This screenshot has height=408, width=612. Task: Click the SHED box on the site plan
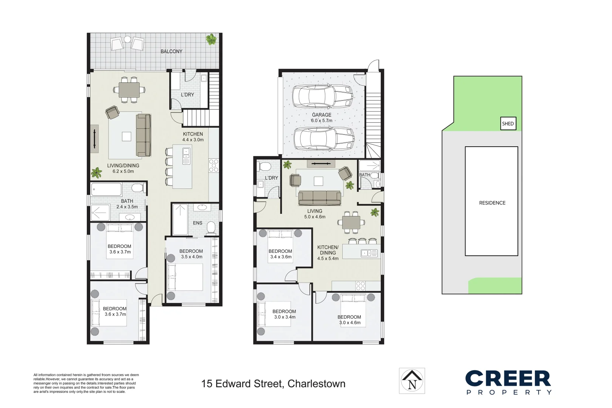click(x=508, y=124)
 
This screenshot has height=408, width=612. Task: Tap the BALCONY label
click(x=171, y=51)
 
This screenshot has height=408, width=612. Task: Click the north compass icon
click(x=412, y=381)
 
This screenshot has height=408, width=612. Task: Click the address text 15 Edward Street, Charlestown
click(x=273, y=384)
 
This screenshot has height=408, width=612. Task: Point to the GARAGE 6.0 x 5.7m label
click(x=321, y=117)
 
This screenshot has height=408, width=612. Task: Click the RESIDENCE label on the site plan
click(x=492, y=203)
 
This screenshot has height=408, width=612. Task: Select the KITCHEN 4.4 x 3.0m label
click(x=193, y=137)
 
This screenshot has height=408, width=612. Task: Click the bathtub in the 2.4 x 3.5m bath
click(x=106, y=189)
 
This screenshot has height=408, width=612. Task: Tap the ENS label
click(x=198, y=223)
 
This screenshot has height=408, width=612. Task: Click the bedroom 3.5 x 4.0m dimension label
click(x=192, y=257)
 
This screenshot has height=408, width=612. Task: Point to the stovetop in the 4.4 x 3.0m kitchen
click(x=213, y=165)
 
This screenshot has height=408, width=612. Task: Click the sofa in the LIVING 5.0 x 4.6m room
click(x=320, y=198)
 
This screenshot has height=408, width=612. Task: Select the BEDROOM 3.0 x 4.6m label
click(x=349, y=320)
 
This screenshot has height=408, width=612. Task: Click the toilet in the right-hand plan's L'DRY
click(x=264, y=167)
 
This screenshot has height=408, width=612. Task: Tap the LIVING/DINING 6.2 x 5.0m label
click(x=123, y=168)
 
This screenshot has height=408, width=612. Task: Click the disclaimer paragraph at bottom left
click(x=86, y=383)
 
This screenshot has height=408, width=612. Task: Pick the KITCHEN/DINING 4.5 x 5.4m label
click(x=328, y=253)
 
